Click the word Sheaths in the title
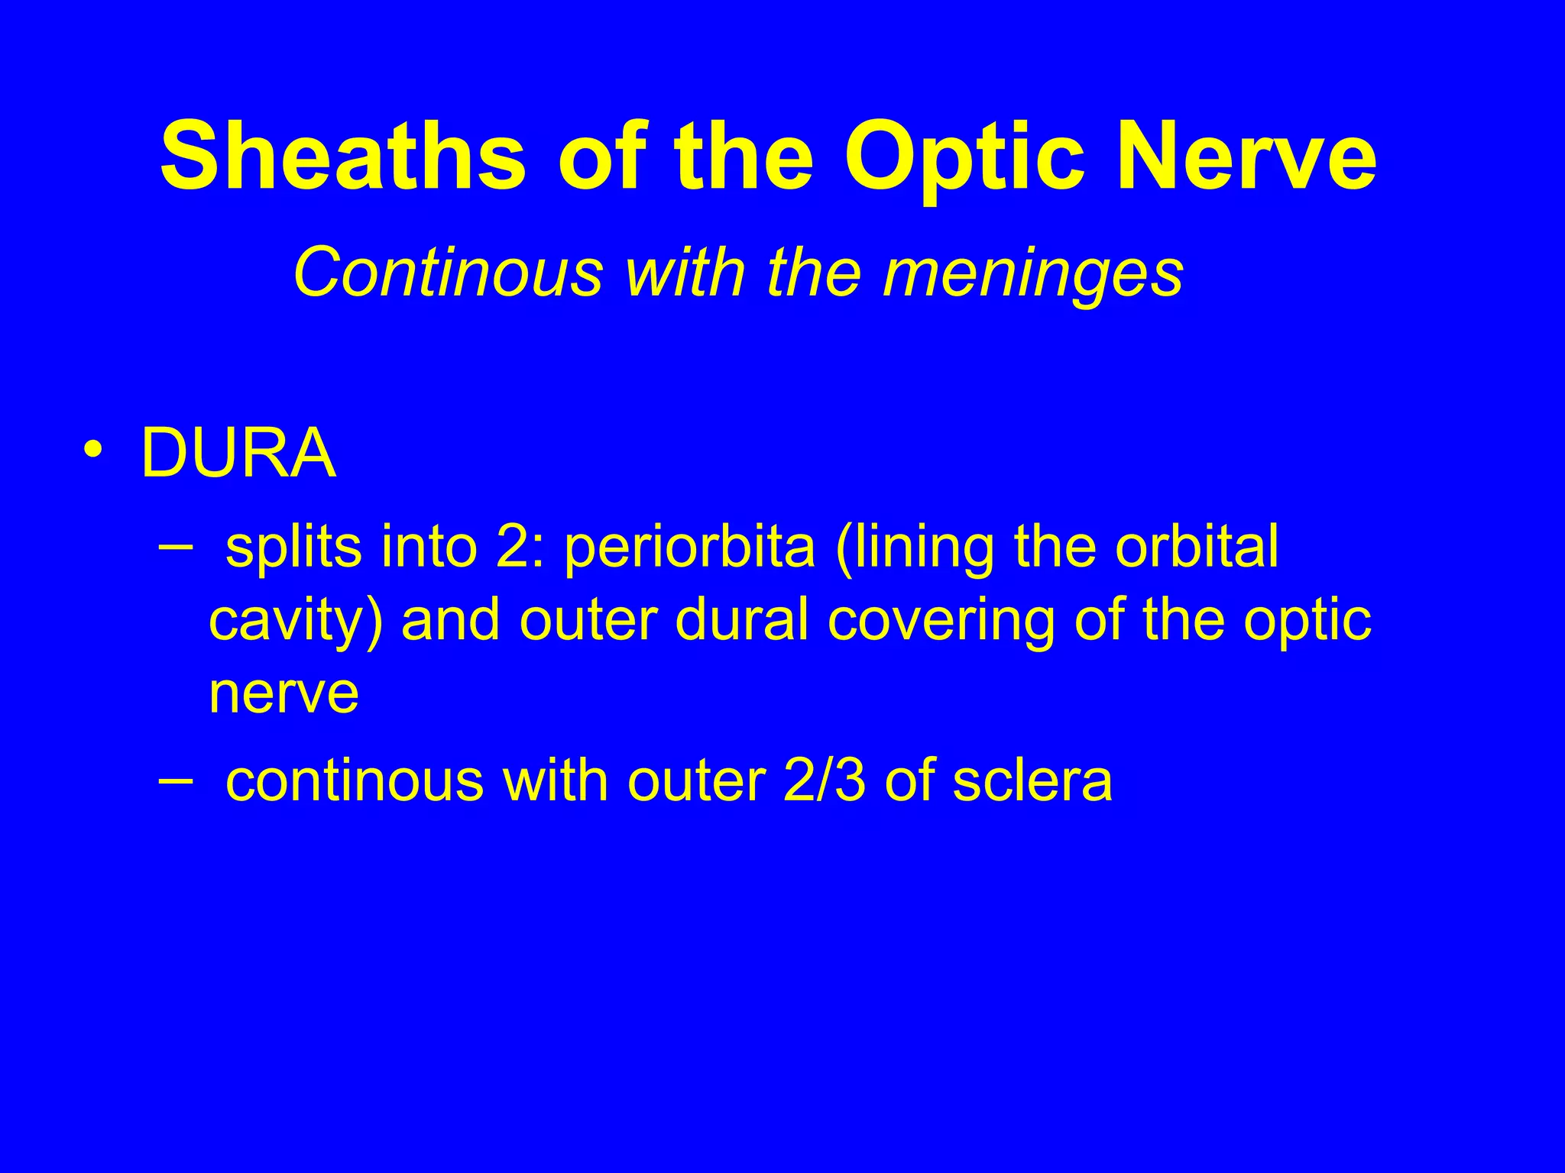[343, 157]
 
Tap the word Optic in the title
[964, 157]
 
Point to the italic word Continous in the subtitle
[447, 273]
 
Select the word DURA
[238, 454]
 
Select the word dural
[741, 620]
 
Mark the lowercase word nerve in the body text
[284, 693]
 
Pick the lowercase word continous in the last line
[355, 781]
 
